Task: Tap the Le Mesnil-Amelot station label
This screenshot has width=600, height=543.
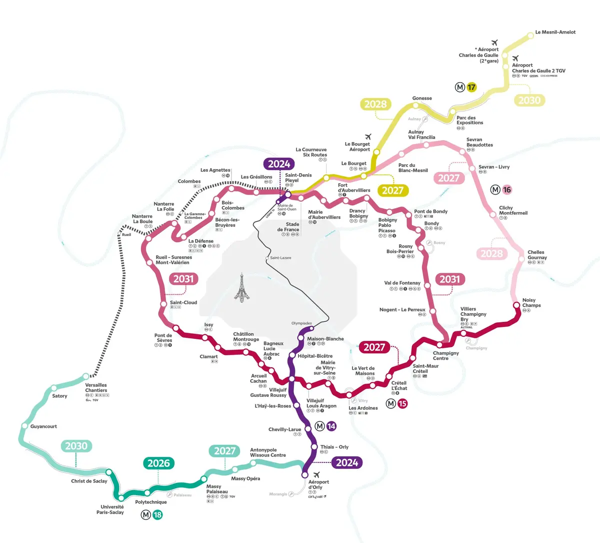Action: click(555, 32)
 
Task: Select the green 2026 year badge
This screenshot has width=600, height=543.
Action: click(158, 463)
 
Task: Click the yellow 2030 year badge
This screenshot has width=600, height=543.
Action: click(529, 100)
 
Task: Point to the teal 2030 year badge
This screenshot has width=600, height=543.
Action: click(76, 446)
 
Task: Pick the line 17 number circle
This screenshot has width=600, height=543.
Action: click(471, 88)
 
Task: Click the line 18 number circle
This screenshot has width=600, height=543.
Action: click(157, 514)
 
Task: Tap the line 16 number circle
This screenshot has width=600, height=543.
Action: click(507, 190)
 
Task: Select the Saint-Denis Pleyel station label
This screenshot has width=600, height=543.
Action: click(298, 178)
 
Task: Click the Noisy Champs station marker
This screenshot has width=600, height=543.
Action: click(516, 305)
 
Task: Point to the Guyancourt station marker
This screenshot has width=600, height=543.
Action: click(24, 426)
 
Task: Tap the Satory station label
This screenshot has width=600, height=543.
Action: click(59, 396)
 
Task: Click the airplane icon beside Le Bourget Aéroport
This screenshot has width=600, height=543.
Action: click(369, 136)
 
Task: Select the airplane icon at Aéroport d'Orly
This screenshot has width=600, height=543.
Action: click(316, 475)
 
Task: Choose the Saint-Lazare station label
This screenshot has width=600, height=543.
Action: click(280, 258)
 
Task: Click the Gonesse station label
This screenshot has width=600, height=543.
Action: click(422, 98)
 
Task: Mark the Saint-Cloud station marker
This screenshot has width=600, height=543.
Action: click(163, 304)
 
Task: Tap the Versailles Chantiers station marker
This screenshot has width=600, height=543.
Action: click(86, 376)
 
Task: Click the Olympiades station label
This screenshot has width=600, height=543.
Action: click(301, 323)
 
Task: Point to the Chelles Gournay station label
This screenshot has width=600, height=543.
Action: click(537, 255)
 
